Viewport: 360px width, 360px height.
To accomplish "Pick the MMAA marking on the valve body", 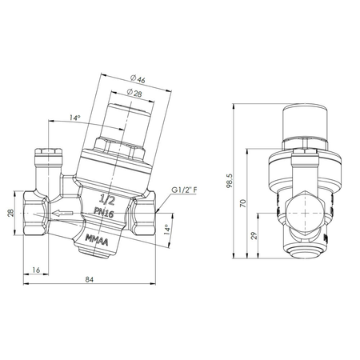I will click(x=95, y=238).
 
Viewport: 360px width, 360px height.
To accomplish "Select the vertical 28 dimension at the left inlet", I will click(x=10, y=213).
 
